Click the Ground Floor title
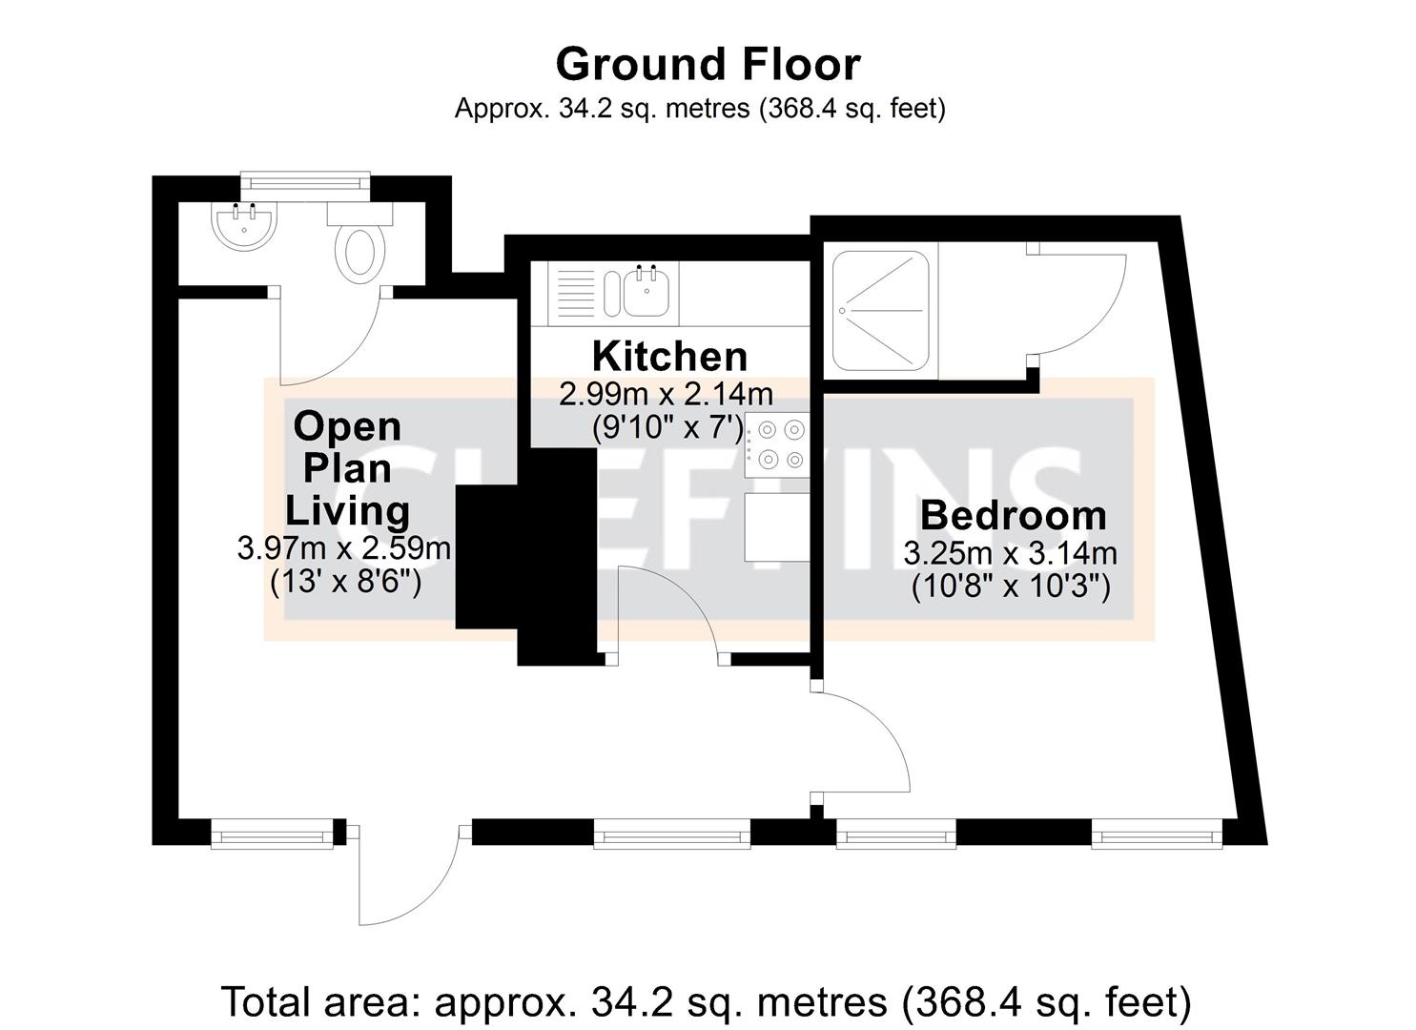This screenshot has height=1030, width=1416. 708,65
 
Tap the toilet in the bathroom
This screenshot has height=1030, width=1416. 359,248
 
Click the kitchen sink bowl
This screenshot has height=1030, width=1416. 648,291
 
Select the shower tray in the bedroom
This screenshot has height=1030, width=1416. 880,309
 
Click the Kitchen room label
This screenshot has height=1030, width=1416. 669,357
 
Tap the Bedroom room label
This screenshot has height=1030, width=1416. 1013,515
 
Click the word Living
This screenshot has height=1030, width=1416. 347,510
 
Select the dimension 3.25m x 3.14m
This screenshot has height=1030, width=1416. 1011,553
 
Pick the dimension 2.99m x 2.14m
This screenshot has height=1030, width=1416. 666,392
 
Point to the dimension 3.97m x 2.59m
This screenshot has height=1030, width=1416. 343,548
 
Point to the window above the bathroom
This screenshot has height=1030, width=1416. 304,181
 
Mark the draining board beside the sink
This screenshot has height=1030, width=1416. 575,293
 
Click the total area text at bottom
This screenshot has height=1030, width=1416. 707,1002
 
